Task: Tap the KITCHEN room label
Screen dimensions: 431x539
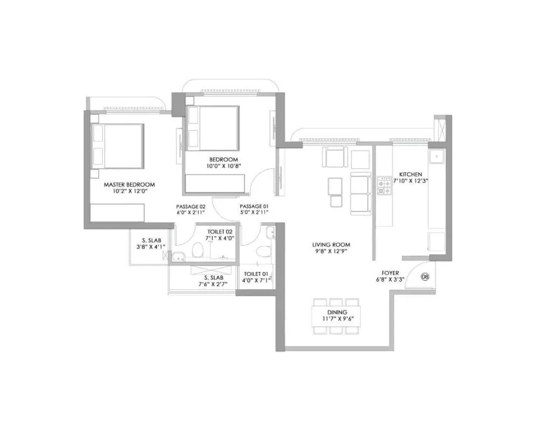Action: (411, 175)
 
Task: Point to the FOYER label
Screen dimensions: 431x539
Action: (391, 273)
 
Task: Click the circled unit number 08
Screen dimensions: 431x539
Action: (425, 277)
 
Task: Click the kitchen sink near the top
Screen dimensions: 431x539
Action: (436, 157)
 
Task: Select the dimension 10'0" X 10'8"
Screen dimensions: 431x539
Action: (224, 166)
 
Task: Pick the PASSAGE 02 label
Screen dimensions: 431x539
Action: (191, 206)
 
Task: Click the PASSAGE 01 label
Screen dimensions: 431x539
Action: (254, 206)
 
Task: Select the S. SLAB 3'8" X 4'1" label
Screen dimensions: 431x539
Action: (151, 244)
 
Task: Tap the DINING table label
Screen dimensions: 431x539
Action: (336, 312)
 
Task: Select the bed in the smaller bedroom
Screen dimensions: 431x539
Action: (213, 128)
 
